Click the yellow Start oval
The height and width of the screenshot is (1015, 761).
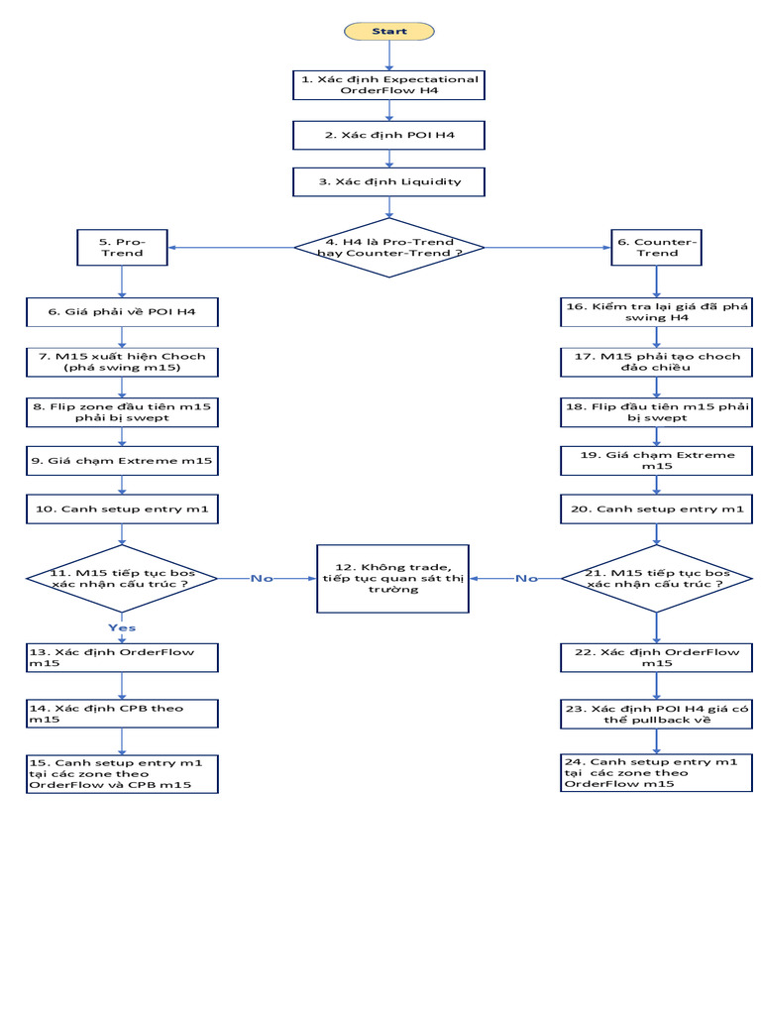tap(388, 31)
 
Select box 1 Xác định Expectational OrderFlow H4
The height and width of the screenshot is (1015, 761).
tap(388, 84)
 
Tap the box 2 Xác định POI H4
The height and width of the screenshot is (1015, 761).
tap(388, 135)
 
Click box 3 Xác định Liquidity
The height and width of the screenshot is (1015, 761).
tap(388, 182)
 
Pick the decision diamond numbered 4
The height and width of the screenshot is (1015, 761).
tap(388, 247)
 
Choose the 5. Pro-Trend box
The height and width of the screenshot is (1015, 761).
tap(122, 247)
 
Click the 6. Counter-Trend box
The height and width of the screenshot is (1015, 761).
tap(657, 247)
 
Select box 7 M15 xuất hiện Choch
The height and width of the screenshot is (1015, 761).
tap(122, 362)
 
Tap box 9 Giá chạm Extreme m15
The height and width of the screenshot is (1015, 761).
tap(122, 460)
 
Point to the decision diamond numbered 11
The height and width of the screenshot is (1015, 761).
tap(122, 579)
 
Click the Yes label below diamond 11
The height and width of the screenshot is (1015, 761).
tap(122, 627)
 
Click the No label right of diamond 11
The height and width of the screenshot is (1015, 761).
tap(262, 579)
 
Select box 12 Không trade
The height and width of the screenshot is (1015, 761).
tap(392, 579)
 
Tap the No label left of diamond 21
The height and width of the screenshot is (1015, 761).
tap(526, 579)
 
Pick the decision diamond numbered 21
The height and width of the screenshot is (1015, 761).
tap(657, 579)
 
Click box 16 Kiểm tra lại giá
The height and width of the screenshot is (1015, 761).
tap(657, 313)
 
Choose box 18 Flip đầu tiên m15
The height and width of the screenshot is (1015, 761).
tap(657, 411)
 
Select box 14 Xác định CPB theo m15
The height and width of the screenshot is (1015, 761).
tap(122, 714)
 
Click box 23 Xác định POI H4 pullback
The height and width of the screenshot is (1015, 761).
tap(657, 714)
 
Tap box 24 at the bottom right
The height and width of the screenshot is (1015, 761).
tap(657, 771)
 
